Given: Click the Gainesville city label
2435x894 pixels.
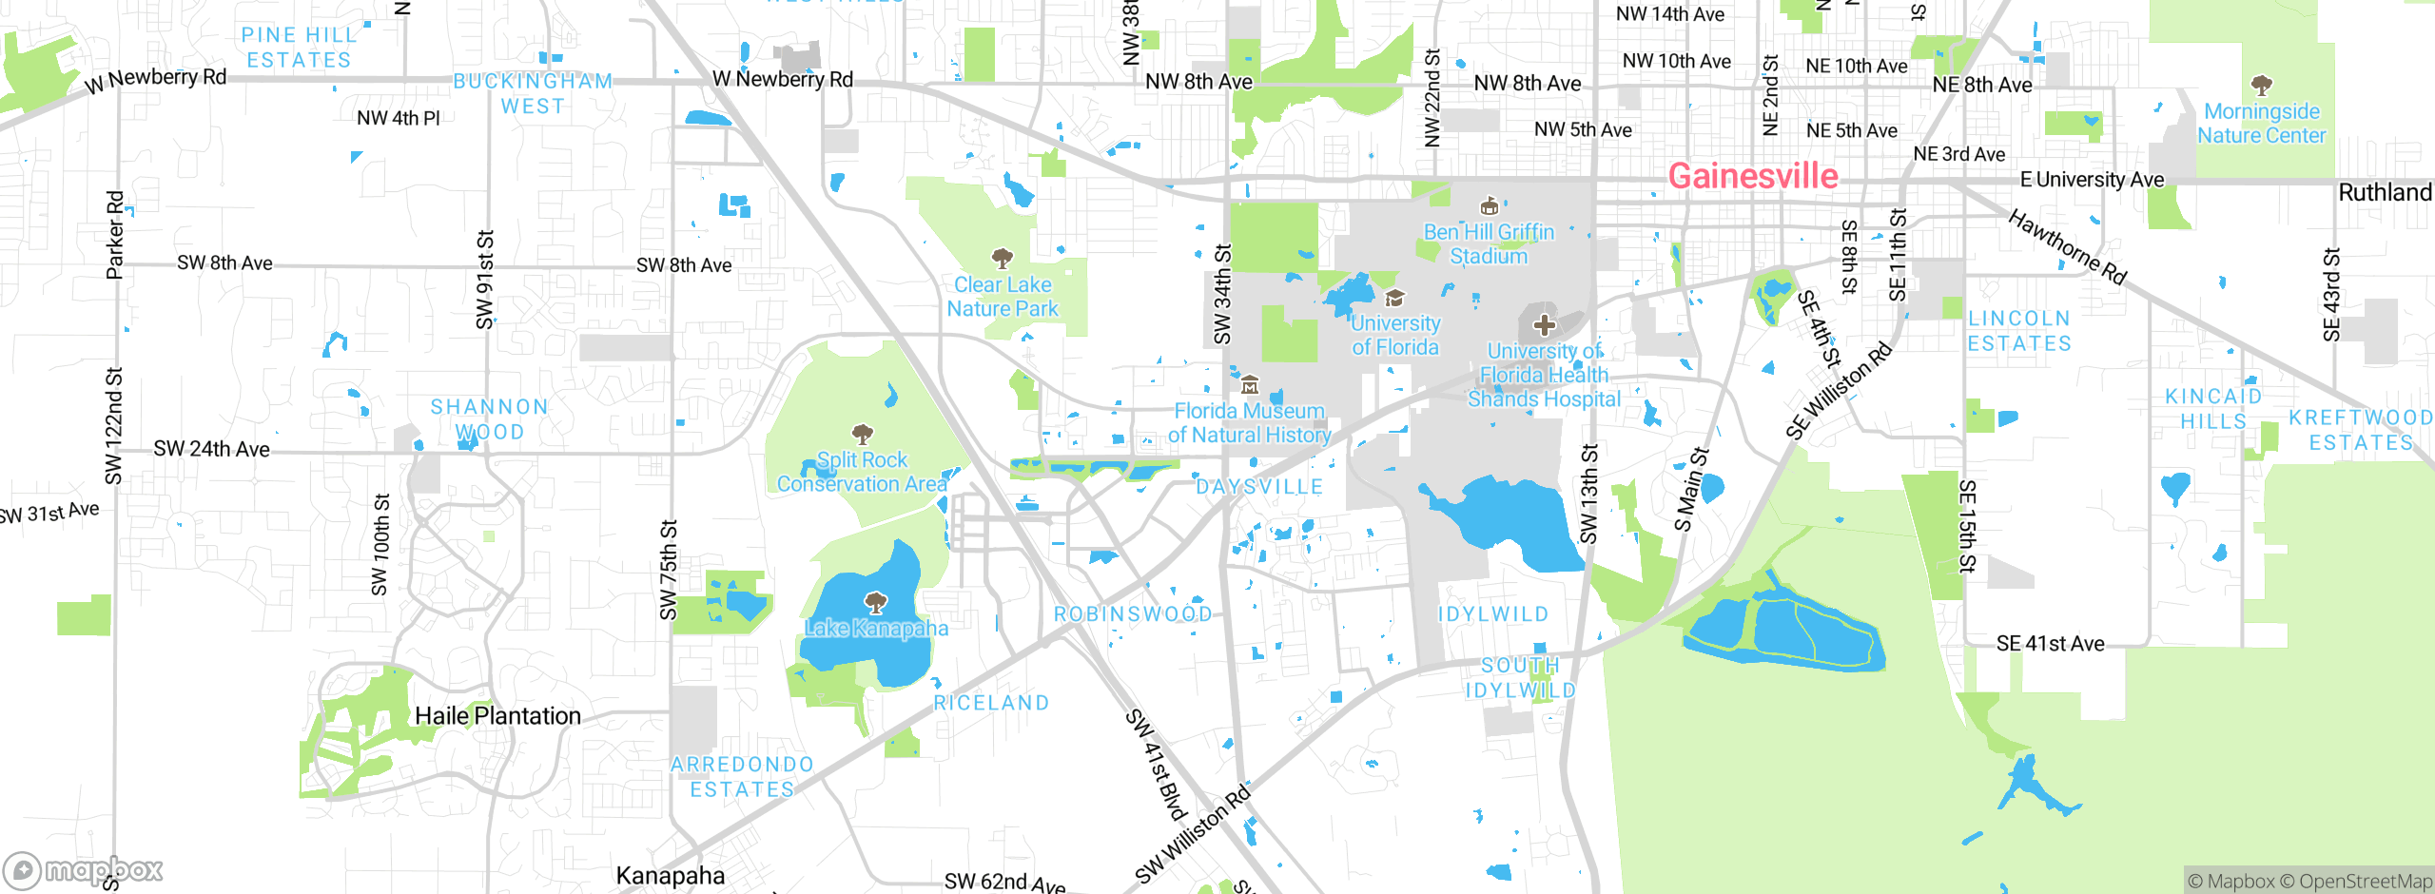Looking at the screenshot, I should pos(1753,176).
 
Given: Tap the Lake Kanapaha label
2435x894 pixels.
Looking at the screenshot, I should pos(876,628).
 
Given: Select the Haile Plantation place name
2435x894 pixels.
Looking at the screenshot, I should pos(497,716).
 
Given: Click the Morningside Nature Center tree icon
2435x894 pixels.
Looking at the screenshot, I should pos(2262,86).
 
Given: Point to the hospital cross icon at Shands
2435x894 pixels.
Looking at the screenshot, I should pos(1544,326).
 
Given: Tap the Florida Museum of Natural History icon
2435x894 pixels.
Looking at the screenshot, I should pos(1250,386).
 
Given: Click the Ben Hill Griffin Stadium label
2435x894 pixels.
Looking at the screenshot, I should pos(1489,244).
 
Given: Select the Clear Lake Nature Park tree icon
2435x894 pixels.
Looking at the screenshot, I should pos(1002,259).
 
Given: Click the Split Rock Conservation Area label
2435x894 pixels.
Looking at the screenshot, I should pos(862,472).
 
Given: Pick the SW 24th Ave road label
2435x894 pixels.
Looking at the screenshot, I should pos(211,449).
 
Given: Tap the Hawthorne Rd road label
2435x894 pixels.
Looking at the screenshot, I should pos(2067,247).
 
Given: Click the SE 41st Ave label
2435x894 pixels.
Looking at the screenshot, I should pos(2050,644).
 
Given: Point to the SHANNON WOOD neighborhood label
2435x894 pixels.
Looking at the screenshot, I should pos(489,419).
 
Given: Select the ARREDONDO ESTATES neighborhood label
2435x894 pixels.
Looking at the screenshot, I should pos(742,777).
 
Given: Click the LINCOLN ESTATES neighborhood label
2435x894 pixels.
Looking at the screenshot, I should pos(2018,331).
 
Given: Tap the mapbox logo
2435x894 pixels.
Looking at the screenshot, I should pos(84,870).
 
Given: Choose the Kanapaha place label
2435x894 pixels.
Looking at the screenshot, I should pos(670,876).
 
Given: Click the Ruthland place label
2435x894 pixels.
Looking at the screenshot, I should pos(2385,193).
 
